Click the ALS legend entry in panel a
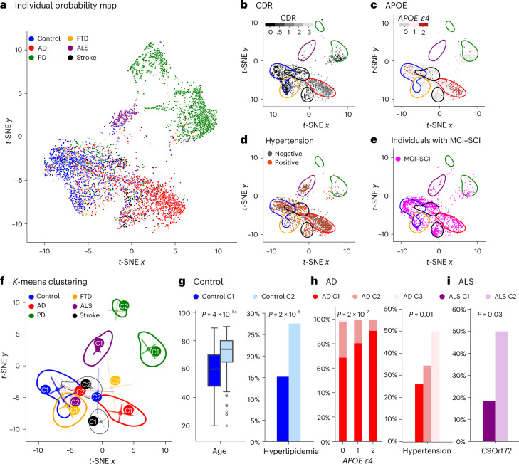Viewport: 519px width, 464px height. click(78, 48)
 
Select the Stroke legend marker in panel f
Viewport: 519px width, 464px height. click(75, 315)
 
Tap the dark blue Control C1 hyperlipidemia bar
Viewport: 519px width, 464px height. click(283, 409)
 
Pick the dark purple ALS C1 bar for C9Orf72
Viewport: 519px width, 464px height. click(489, 421)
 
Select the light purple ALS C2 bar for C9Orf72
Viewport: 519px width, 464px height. click(501, 386)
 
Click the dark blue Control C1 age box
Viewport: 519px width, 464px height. click(214, 370)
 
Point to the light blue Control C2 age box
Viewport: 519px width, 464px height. click(226, 351)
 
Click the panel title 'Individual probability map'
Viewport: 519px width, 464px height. click(65, 6)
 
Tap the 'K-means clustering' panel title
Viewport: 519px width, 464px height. click(50, 282)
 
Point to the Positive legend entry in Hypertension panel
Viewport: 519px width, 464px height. click(283, 162)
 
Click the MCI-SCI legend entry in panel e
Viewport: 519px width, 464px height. click(412, 159)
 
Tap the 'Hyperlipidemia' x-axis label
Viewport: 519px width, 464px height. click(291, 451)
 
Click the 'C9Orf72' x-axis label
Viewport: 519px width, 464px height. click(496, 450)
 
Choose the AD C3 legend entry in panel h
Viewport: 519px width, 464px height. click(409, 297)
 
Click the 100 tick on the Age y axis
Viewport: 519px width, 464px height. click(184, 313)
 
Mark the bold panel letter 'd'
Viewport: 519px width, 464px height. click(244, 139)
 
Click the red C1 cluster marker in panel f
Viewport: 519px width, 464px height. click(128, 411)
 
